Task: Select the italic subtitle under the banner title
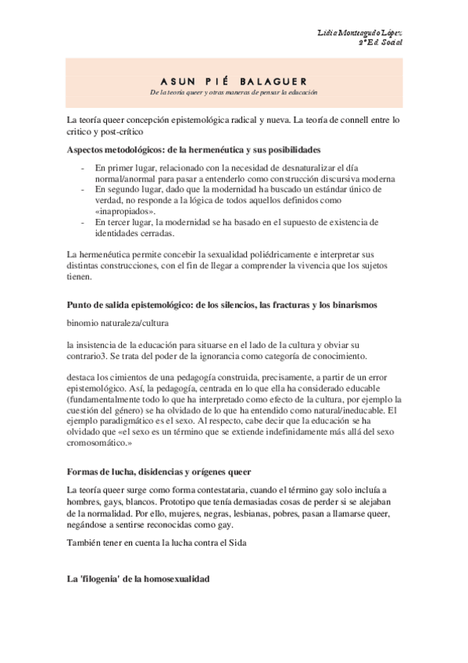[234, 93]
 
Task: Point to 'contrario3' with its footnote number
[90, 357]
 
